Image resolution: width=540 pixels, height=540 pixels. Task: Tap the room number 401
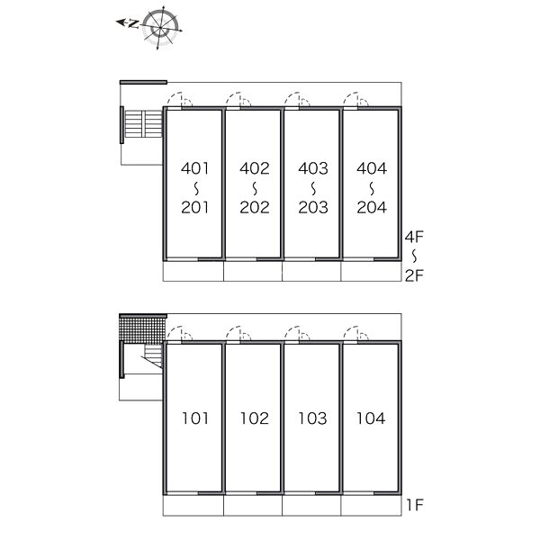195,168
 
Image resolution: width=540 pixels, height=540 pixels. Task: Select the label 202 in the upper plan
255,207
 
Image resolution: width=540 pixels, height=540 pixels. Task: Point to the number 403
313,168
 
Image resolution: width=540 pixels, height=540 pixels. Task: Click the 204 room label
372,207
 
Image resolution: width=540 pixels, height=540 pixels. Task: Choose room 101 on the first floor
195,418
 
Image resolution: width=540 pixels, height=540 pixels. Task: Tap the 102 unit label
254,418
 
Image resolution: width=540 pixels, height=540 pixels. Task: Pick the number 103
312,418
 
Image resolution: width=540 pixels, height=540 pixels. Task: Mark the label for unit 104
371,418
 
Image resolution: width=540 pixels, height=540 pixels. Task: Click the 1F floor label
414,505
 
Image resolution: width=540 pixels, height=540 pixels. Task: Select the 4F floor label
414,237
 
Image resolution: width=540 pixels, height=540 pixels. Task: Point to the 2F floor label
414,275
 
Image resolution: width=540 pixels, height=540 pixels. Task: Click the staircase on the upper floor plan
143,123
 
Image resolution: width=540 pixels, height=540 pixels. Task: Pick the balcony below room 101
193,505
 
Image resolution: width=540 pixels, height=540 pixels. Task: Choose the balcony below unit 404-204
371,271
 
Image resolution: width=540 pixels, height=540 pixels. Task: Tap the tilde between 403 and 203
313,188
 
